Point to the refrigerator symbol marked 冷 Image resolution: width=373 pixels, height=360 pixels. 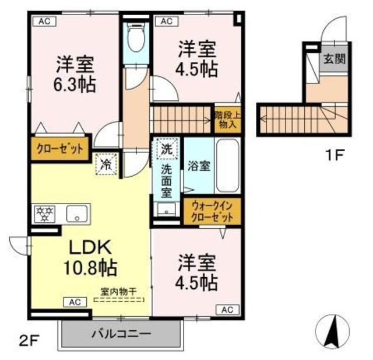107,164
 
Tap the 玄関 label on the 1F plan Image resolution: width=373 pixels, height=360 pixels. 335,59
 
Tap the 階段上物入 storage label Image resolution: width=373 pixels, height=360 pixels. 226,119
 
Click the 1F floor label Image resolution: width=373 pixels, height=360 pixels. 335,155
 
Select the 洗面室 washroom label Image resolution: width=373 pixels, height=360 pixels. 167,177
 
